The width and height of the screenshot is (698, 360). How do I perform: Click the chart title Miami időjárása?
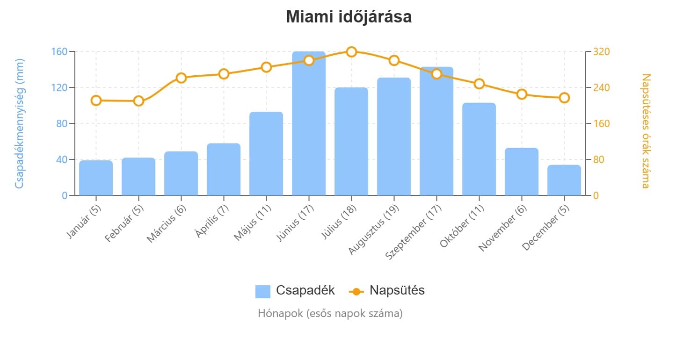point(349,17)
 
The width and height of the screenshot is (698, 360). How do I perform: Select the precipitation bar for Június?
point(309,123)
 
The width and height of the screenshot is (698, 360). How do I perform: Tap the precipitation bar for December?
point(564,180)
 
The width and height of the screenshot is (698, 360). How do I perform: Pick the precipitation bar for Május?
point(266,154)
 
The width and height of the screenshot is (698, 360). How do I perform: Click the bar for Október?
point(479,149)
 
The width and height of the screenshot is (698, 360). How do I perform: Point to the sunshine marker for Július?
point(351,51)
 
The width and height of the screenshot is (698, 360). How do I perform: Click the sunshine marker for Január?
point(96,101)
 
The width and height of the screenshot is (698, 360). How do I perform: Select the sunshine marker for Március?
point(181,78)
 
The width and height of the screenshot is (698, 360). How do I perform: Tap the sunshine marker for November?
point(522,94)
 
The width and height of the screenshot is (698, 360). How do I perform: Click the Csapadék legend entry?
point(295,290)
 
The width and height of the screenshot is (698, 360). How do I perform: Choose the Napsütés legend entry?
point(387,290)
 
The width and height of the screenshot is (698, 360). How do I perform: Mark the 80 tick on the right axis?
point(598,159)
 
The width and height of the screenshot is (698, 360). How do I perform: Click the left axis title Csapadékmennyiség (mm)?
point(19,123)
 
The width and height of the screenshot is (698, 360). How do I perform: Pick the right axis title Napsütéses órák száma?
point(646,130)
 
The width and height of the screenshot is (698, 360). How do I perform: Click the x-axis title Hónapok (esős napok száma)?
point(330,313)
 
